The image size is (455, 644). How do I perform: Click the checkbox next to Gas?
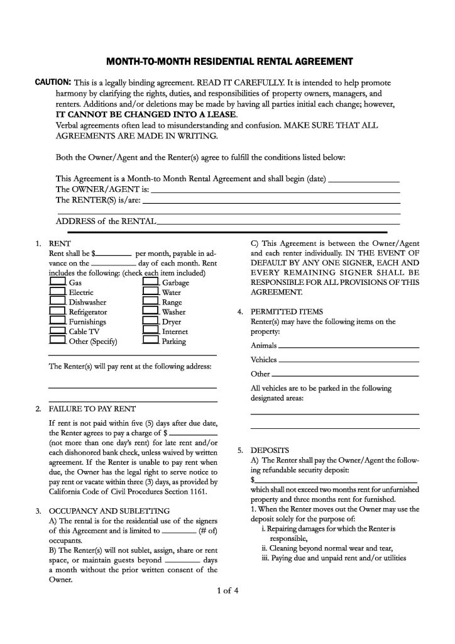[x=58, y=283]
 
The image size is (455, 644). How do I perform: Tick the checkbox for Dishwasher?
[x=58, y=302]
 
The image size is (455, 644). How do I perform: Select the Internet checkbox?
[x=150, y=331]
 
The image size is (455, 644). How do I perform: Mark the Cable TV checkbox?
[x=58, y=331]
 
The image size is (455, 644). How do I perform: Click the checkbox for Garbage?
[x=150, y=283]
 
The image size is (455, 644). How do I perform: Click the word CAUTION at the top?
[x=52, y=82]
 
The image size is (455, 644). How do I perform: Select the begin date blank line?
[x=364, y=180]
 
